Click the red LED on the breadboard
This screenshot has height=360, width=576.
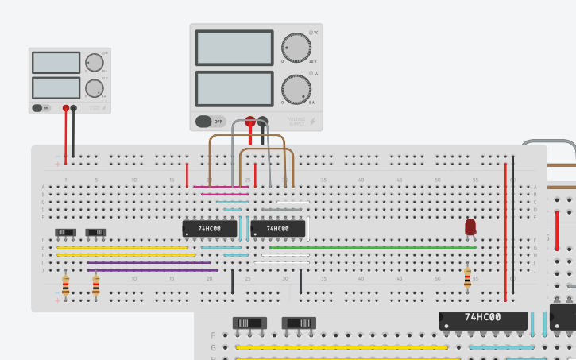pos(470,227)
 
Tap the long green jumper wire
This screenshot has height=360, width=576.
pos(373,247)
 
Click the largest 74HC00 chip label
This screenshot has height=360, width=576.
pos(483,318)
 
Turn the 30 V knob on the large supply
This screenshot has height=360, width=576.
pos(296,48)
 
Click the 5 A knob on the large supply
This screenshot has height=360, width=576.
pos(296,90)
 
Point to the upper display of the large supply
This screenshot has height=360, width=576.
pos(234,48)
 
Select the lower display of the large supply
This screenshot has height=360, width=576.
pos(234,89)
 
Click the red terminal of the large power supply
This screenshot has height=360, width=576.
pos(249,122)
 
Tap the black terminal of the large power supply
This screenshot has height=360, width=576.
pos(263,122)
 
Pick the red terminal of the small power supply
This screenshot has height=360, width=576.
pos(66,107)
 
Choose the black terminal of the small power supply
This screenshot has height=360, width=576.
pos(74,107)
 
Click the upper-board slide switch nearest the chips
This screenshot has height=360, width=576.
pos(95,232)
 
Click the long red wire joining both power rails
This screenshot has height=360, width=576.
pos(505,230)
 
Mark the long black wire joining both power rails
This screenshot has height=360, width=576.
pos(513,230)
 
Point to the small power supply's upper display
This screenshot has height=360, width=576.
pos(56,63)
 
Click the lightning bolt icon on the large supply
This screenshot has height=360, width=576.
pos(312,121)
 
